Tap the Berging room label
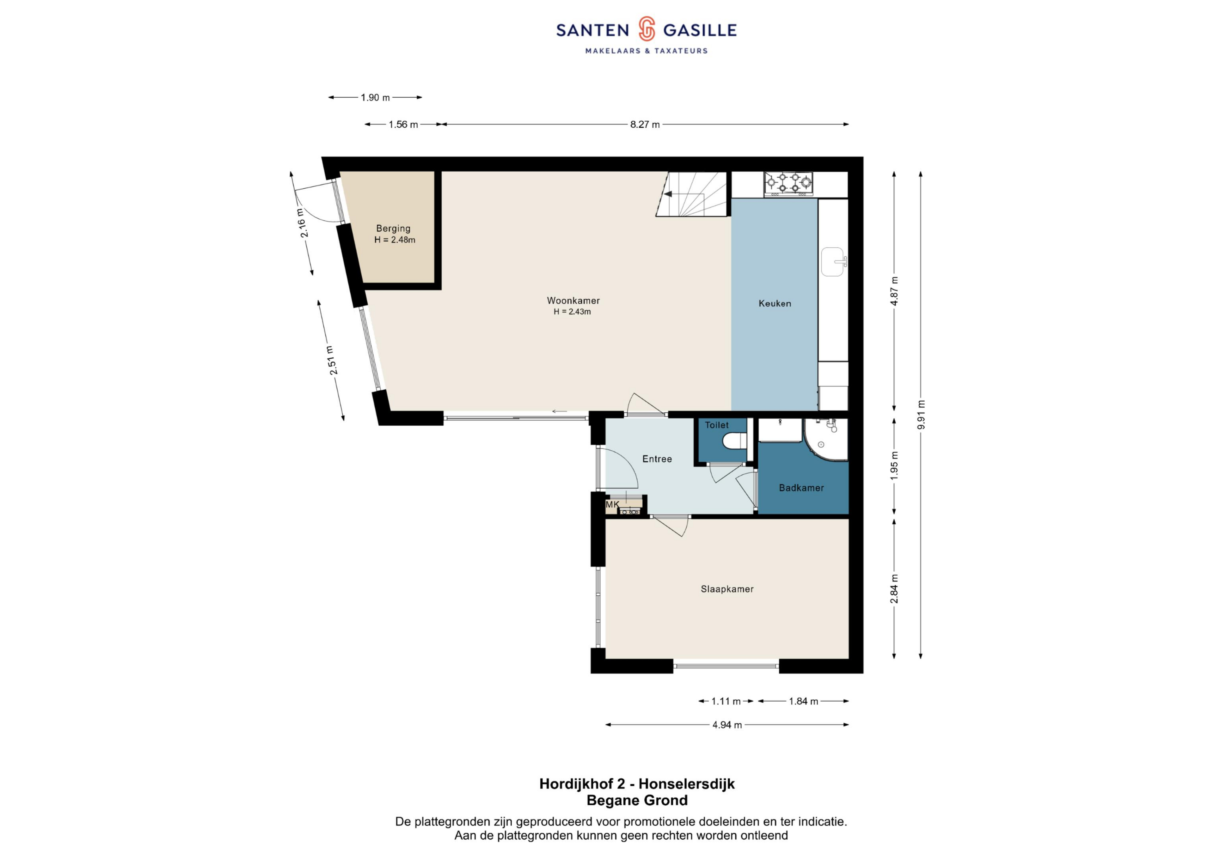[393, 228]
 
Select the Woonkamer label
[573, 300]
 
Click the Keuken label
[775, 303]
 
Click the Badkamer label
[801, 488]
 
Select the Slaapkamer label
[727, 589]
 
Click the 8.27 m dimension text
[645, 125]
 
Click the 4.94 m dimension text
[727, 725]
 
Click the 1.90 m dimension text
[375, 98]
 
